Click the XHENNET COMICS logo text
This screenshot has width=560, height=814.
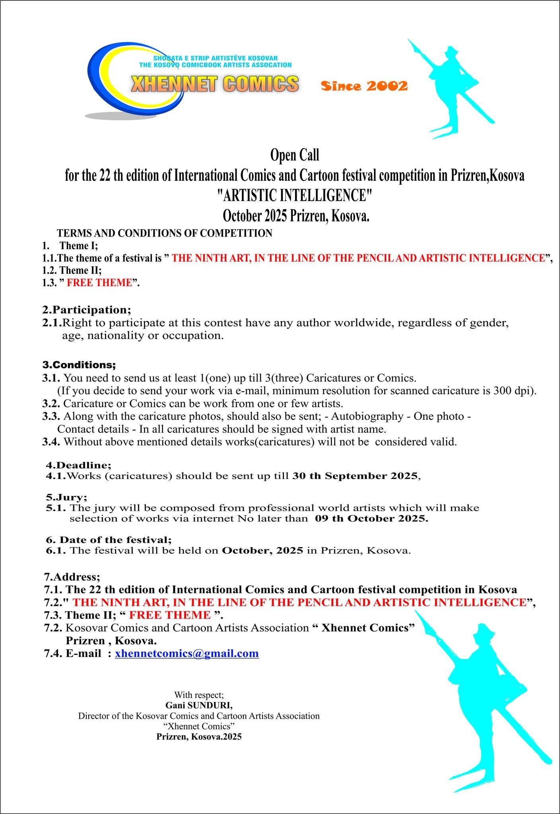pyautogui.click(x=215, y=84)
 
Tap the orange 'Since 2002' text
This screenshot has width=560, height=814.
pyautogui.click(x=364, y=86)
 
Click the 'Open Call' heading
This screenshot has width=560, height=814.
pyautogui.click(x=294, y=155)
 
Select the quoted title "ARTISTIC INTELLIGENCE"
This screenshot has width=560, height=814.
pyautogui.click(x=294, y=196)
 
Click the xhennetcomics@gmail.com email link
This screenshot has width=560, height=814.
pyautogui.click(x=187, y=653)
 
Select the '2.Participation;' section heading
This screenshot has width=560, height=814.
pyautogui.click(x=87, y=309)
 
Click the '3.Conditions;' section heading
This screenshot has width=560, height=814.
pyautogui.click(x=79, y=364)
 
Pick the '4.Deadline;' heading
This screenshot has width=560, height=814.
pyautogui.click(x=79, y=465)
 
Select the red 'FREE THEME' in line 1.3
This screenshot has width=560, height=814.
pyautogui.click(x=99, y=283)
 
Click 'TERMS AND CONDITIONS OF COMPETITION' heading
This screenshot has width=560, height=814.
pyautogui.click(x=165, y=233)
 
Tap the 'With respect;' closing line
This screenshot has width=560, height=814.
pyautogui.click(x=199, y=695)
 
